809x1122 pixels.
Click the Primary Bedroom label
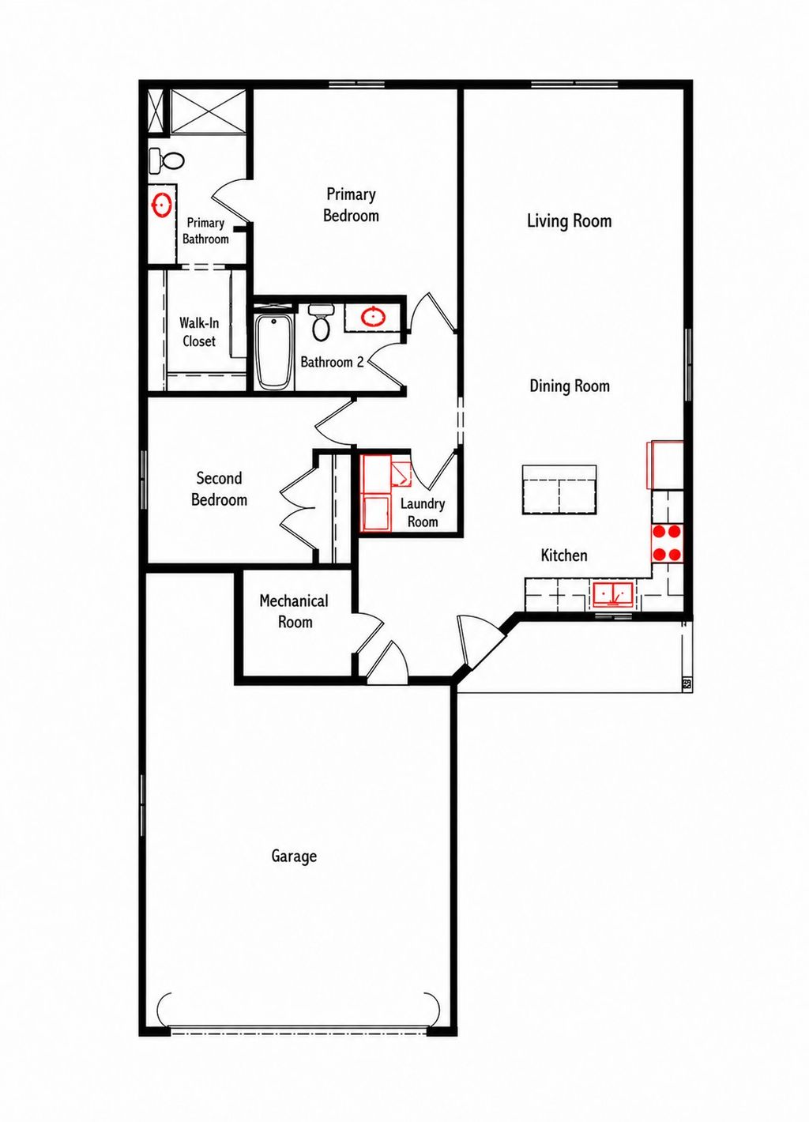351,205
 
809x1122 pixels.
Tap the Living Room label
569,220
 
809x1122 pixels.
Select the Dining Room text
569,386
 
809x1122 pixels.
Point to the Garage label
294,856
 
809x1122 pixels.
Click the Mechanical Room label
294,611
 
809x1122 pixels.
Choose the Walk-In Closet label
199,332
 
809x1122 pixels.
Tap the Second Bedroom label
219,488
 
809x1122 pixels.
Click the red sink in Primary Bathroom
162,205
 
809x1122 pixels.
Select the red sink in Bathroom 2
373,318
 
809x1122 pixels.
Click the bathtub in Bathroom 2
273,351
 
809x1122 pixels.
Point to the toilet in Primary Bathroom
166,160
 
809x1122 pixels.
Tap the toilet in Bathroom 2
321,322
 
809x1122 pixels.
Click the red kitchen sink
613,593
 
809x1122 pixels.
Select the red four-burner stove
667,543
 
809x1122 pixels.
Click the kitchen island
559,490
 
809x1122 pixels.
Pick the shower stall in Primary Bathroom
209,111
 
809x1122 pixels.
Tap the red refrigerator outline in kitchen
665,465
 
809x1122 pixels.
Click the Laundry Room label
423,512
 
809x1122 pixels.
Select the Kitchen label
563,555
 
